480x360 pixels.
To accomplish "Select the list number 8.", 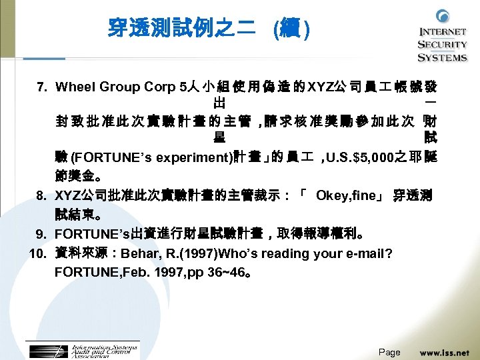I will [x=41, y=195].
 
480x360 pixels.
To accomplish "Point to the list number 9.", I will [x=41, y=234].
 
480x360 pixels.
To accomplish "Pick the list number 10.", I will [x=37, y=253].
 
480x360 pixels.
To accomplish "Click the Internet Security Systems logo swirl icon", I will [x=443, y=17].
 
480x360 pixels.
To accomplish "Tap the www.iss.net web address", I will [x=444, y=351].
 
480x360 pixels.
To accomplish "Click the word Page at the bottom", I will [x=389, y=352].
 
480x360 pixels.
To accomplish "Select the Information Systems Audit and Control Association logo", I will [x=81, y=351].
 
